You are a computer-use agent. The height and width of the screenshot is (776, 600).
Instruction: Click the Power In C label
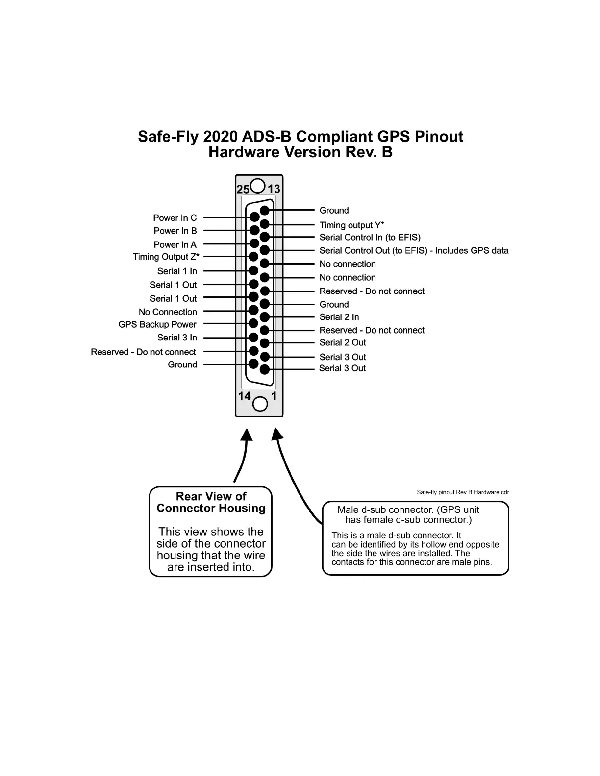pyautogui.click(x=175, y=218)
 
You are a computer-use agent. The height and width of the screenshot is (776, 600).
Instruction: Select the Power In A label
pyautogui.click(x=175, y=245)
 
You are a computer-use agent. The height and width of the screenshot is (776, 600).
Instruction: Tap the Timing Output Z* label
pyautogui.click(x=166, y=257)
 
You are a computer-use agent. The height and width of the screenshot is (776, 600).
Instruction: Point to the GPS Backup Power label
pyautogui.click(x=157, y=325)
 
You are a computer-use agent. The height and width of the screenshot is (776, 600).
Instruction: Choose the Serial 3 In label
pyautogui.click(x=177, y=338)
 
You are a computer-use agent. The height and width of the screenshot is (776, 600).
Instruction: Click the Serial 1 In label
pyautogui.click(x=177, y=271)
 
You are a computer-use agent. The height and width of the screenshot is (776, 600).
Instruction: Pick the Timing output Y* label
pyautogui.click(x=351, y=225)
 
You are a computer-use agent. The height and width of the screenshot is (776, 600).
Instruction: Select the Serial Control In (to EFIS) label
pyautogui.click(x=370, y=238)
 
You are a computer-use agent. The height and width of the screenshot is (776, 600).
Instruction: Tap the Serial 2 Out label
pyautogui.click(x=343, y=343)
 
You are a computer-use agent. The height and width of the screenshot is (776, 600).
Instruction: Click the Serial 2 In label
pyautogui.click(x=339, y=317)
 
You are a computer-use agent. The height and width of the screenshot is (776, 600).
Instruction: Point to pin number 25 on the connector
pyautogui.click(x=243, y=189)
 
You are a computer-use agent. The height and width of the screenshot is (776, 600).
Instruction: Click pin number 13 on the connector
pyautogui.click(x=274, y=189)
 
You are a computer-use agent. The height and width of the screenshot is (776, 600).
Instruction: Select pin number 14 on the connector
pyautogui.click(x=244, y=396)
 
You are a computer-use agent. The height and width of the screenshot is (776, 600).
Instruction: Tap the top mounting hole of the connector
pyautogui.click(x=258, y=186)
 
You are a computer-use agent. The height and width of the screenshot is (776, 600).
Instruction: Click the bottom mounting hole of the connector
pyautogui.click(x=260, y=404)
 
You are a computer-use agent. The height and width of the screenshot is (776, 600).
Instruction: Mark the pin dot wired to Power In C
pyautogui.click(x=254, y=217)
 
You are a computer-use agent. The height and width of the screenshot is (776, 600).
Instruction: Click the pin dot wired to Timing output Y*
pyautogui.click(x=265, y=224)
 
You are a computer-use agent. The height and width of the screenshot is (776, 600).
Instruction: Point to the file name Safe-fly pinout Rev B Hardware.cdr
pyautogui.click(x=463, y=492)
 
